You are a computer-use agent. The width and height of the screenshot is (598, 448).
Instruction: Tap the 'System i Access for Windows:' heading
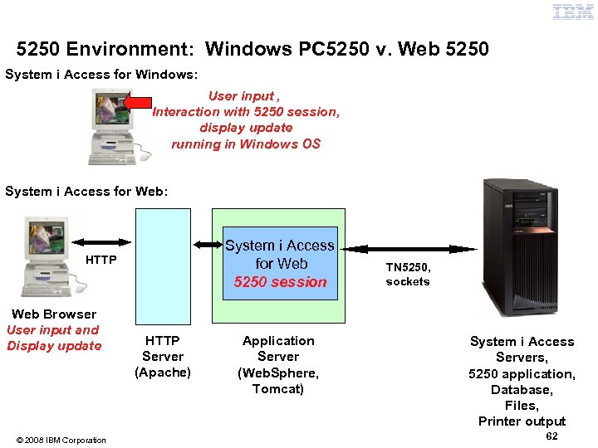(101, 75)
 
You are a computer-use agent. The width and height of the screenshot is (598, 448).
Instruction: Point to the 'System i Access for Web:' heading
(86, 192)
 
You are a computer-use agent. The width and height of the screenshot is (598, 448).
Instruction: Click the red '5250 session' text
(281, 282)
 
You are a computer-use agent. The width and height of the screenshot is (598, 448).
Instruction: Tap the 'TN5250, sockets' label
(408, 275)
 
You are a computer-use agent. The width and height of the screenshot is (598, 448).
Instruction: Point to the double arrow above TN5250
(410, 248)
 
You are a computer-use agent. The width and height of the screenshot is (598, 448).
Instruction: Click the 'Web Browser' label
(54, 314)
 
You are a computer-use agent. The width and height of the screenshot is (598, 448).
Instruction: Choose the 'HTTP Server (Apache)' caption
(163, 356)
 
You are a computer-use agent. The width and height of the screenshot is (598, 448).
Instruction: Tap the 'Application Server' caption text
(278, 348)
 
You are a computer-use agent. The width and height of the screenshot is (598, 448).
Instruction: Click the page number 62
(552, 436)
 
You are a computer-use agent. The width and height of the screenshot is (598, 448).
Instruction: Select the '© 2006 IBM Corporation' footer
(61, 440)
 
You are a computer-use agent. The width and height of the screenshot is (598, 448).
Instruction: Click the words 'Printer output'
(522, 421)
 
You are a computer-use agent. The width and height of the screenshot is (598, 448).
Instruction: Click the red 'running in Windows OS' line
(246, 144)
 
